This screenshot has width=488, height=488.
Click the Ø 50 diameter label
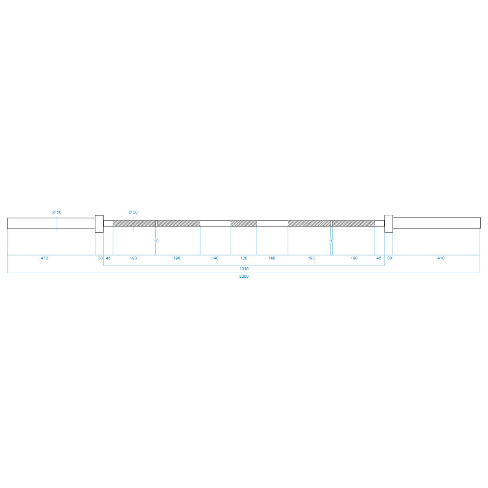pos(57,212)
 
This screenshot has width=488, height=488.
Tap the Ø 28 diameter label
pos(133,212)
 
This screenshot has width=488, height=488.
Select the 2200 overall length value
pos(244,277)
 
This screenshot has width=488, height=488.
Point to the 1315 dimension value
pos(244,269)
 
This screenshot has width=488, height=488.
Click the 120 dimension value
pos(244,258)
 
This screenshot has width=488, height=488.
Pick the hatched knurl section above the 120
pos(244,223)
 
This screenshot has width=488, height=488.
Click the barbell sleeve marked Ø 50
pos(51,223)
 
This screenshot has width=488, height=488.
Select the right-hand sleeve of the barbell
pos(437,223)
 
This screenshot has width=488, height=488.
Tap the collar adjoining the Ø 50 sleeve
pos(99,224)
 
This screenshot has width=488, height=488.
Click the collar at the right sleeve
pos(389,224)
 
